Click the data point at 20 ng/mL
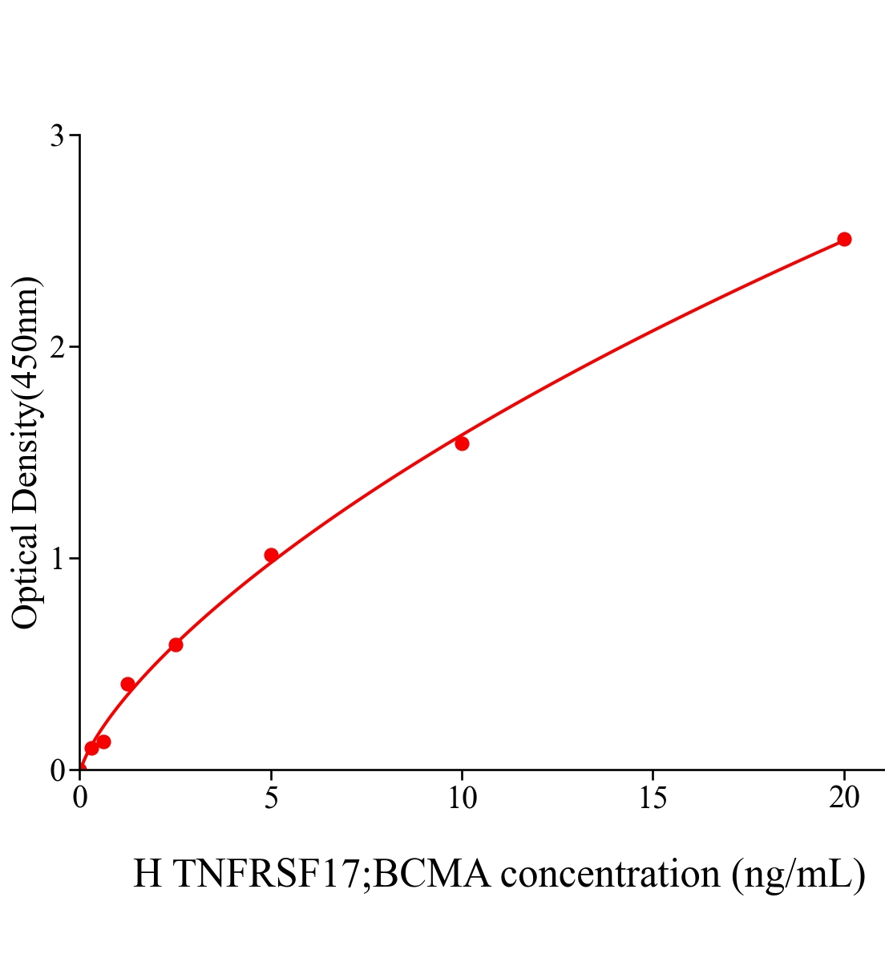click(x=843, y=239)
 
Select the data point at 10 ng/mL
click(x=462, y=443)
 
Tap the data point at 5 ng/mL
click(x=271, y=555)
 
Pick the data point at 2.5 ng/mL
click(x=176, y=645)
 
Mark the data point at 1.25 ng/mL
click(x=127, y=684)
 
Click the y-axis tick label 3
click(x=57, y=136)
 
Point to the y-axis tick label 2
click(x=57, y=347)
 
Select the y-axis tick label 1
click(x=57, y=559)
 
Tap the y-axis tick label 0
click(x=57, y=770)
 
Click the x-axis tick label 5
click(x=271, y=798)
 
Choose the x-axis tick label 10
click(x=462, y=798)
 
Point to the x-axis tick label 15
click(x=653, y=798)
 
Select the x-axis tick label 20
click(x=843, y=798)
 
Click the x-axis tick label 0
click(x=80, y=798)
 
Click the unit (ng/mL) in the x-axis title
click(x=798, y=874)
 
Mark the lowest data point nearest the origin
click(x=91, y=748)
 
